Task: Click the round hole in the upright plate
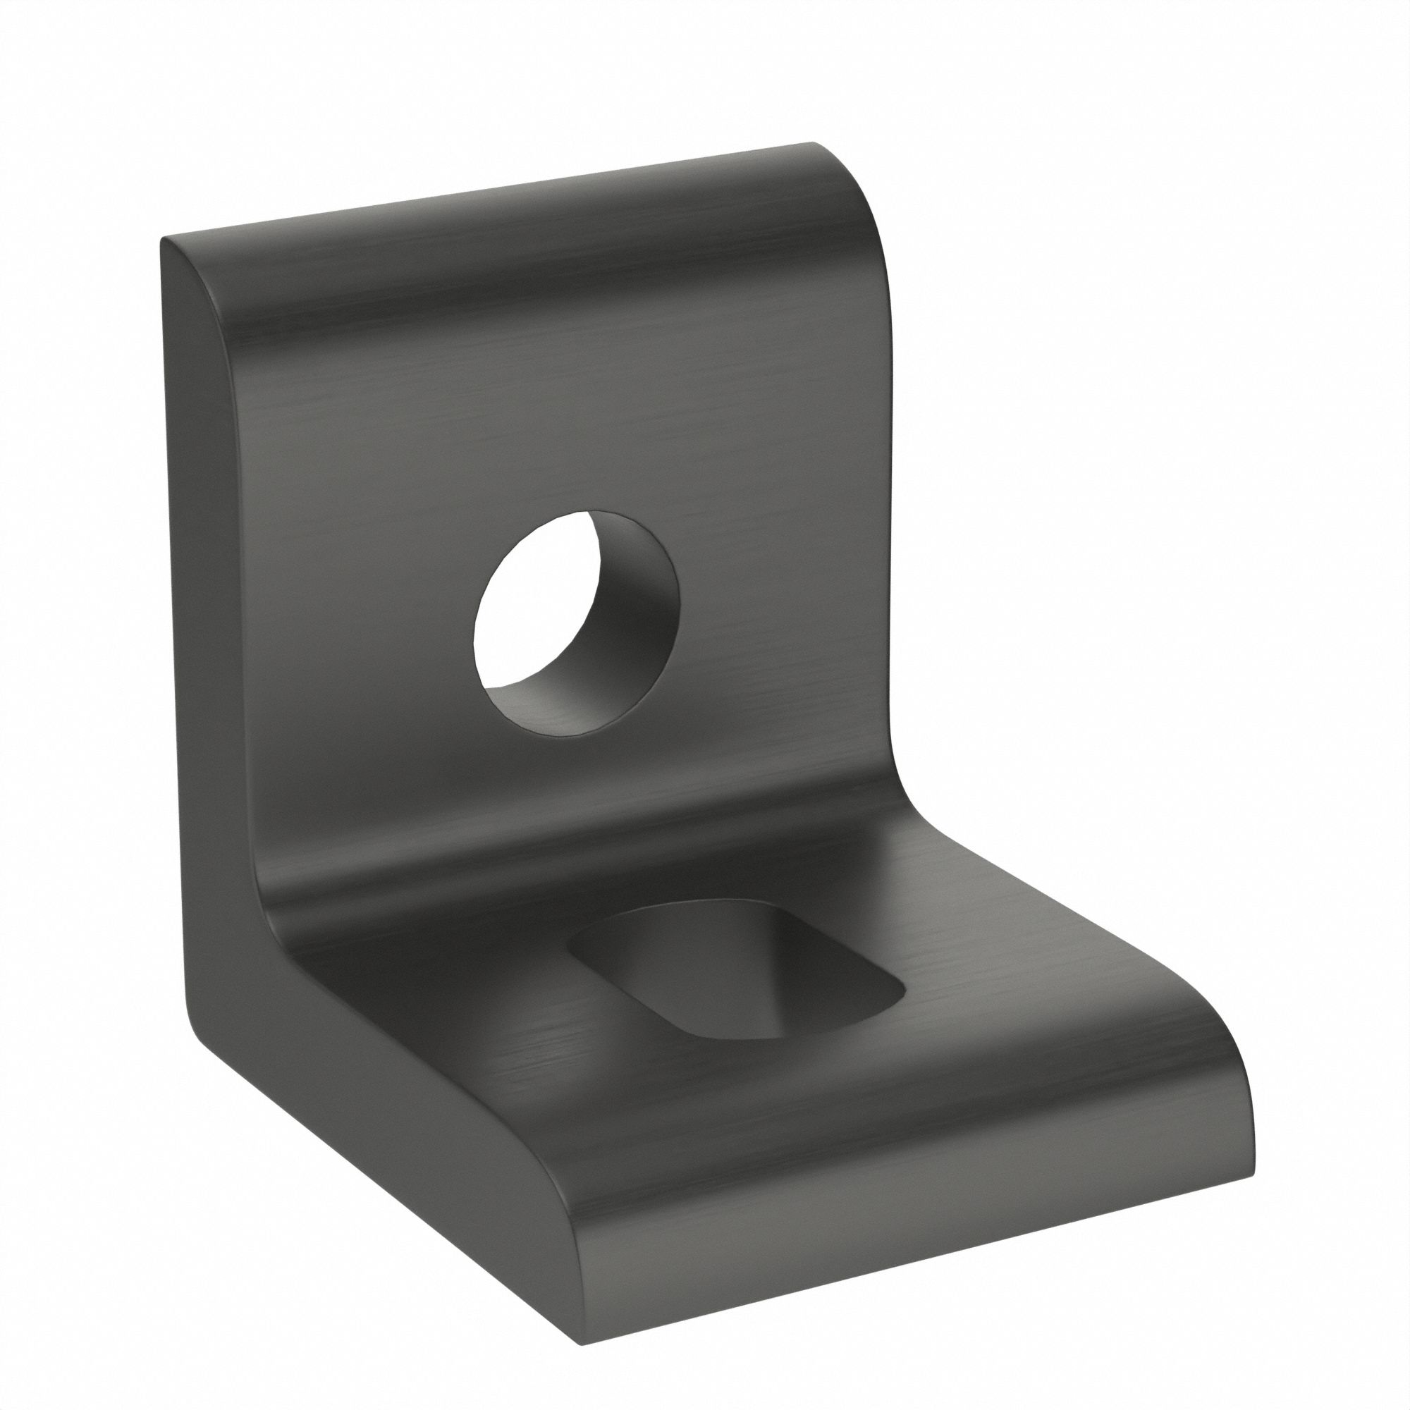576,624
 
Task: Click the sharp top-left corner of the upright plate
164,241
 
